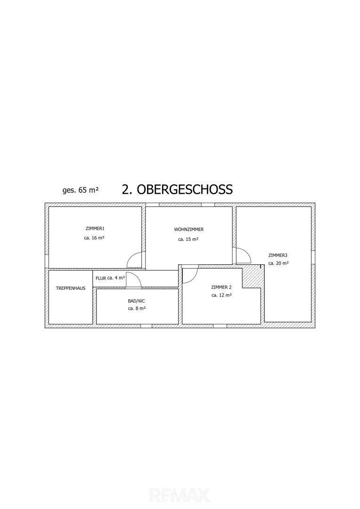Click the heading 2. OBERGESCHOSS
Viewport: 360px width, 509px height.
point(177,189)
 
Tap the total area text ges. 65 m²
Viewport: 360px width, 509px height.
point(80,190)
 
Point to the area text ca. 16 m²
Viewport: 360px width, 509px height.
point(94,238)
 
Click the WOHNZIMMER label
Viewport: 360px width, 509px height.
point(188,230)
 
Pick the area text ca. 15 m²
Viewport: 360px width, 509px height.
point(188,239)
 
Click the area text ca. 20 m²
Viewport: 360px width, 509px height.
point(278,263)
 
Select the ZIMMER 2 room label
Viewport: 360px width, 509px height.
point(221,287)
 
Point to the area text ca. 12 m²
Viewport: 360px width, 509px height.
point(221,296)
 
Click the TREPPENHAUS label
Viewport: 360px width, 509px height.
point(71,288)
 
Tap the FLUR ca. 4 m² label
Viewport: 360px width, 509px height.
point(110,278)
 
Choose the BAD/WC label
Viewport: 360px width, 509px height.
point(136,301)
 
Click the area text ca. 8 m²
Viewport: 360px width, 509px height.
point(137,308)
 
